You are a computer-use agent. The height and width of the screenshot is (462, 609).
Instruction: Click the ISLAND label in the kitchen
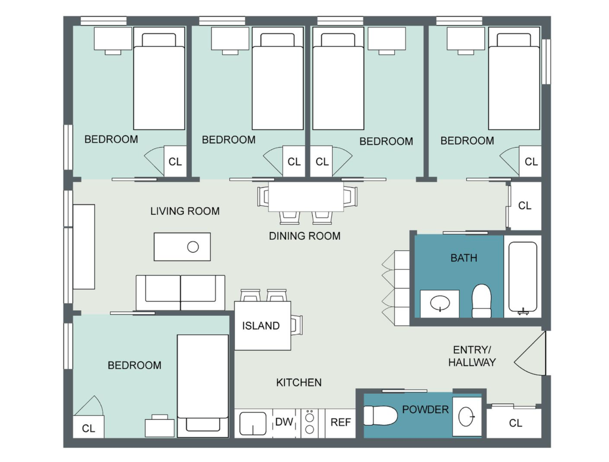260,326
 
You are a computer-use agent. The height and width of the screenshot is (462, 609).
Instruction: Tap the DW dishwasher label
284,422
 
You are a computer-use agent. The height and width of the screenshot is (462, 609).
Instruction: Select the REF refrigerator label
340,422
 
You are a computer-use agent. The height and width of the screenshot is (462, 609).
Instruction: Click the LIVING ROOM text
185,211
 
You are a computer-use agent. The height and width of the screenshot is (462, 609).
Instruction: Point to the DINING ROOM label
304,236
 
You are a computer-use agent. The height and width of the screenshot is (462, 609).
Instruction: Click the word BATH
464,258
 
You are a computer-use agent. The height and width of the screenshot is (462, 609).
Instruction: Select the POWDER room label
426,409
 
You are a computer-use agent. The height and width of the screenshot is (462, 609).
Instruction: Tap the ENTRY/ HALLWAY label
472,356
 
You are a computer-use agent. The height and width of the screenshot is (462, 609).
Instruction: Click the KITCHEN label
299,382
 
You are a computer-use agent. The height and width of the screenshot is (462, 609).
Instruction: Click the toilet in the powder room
380,415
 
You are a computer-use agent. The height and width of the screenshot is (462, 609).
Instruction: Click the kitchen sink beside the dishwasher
253,423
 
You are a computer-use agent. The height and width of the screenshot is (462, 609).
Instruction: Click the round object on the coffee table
193,247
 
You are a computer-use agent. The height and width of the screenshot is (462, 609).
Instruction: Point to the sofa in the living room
180,293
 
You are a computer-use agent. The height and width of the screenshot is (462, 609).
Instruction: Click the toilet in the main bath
482,300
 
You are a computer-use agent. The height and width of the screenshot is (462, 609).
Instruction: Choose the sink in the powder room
467,417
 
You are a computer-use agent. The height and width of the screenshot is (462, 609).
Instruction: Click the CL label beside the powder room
515,423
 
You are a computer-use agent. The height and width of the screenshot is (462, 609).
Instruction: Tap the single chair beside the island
297,325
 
